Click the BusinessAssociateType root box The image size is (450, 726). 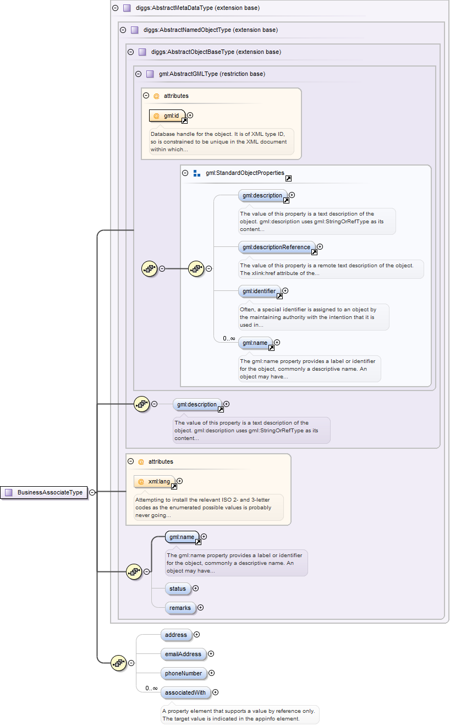(44, 492)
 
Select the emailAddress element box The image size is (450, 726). (184, 654)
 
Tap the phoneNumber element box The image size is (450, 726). (184, 673)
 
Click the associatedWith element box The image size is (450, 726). (186, 692)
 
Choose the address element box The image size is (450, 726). (176, 635)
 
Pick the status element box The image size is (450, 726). (178, 588)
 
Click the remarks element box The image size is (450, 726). (180, 608)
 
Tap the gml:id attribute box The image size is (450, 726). (167, 116)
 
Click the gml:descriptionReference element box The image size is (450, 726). (277, 248)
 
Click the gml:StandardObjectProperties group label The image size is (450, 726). (245, 173)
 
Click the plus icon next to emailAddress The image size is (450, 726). (211, 654)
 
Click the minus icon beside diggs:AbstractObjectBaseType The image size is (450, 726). (131, 52)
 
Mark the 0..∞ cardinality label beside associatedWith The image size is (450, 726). (151, 688)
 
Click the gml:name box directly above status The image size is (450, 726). (182, 537)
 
